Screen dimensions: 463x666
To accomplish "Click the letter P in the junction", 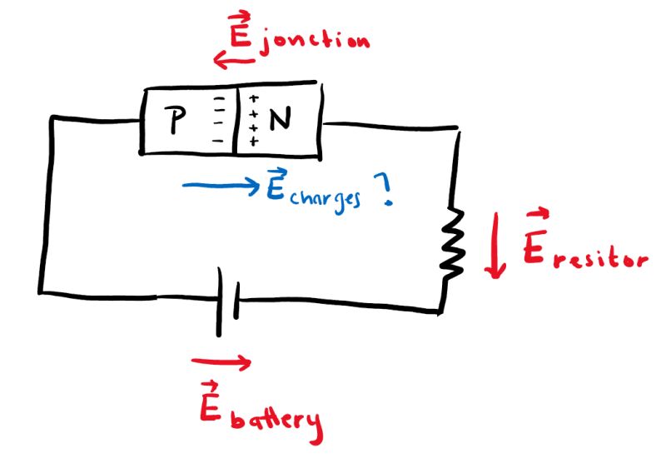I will (176, 122).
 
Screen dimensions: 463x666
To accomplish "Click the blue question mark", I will (385, 192).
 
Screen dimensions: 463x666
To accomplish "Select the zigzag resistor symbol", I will (455, 241).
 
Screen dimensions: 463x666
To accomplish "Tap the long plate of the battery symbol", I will (220, 301).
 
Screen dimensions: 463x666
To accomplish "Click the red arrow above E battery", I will (220, 361).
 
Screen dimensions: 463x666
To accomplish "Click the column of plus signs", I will (252, 122).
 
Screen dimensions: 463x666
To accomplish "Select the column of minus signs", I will (220, 122).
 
